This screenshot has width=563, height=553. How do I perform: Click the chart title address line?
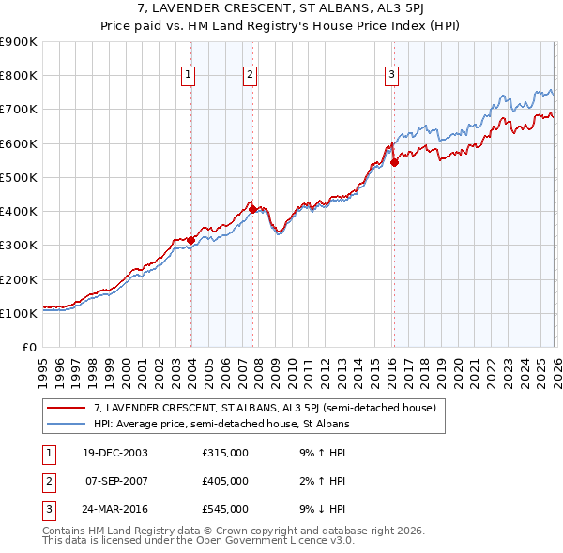(x=281, y=9)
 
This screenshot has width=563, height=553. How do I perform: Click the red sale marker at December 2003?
(x=191, y=240)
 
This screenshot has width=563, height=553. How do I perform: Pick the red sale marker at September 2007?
(x=252, y=209)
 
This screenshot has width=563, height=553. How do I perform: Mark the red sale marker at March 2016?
(x=394, y=162)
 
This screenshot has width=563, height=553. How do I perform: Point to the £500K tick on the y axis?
(x=19, y=177)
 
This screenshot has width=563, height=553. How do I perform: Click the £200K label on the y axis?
(x=19, y=279)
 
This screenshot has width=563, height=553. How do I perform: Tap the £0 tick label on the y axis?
(x=27, y=348)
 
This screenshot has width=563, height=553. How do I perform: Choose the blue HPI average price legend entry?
(x=221, y=424)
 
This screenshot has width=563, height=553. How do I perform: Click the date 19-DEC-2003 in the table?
(x=116, y=453)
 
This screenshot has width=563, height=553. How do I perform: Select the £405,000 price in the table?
(x=225, y=481)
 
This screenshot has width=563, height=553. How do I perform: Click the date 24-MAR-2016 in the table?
(x=116, y=509)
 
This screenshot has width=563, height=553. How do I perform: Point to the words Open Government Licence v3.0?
(x=279, y=540)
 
